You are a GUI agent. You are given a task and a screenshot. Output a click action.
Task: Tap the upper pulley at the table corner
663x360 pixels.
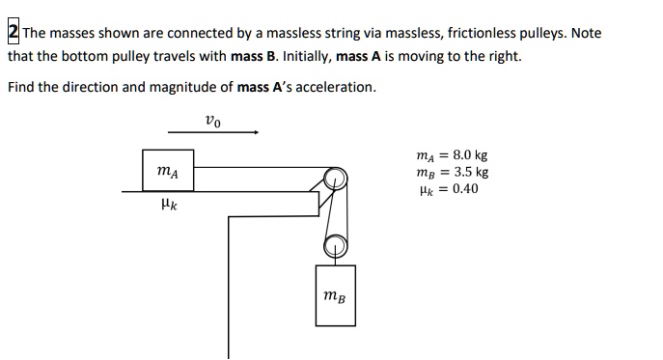334,179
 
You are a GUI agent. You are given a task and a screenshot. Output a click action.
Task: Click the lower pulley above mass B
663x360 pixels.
334,244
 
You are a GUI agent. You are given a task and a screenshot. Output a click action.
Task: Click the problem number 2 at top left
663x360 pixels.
13,33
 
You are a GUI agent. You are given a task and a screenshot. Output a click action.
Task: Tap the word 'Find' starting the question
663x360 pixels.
20,87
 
